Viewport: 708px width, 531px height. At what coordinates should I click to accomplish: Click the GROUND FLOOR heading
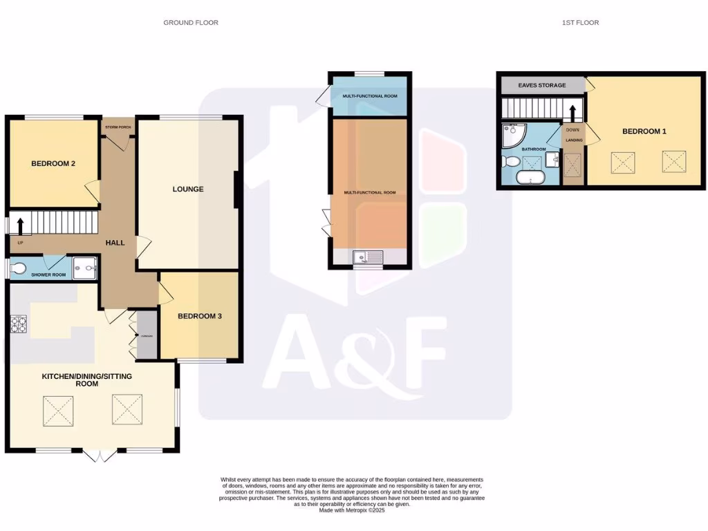(x=191, y=23)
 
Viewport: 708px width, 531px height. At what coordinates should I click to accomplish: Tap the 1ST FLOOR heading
(x=580, y=23)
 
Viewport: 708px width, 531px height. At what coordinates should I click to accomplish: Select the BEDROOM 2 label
(x=53, y=164)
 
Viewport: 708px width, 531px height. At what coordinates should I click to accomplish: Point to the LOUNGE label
(x=188, y=189)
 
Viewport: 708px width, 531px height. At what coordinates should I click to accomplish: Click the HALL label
(x=115, y=243)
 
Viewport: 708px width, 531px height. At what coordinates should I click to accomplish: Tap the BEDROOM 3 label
(x=200, y=317)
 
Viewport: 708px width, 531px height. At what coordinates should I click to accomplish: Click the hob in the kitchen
(x=17, y=323)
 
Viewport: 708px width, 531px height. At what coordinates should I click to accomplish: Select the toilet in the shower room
(x=18, y=268)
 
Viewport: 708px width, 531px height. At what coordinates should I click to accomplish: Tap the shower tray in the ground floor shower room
(x=86, y=266)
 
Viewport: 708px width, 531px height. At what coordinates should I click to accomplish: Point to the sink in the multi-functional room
(x=368, y=258)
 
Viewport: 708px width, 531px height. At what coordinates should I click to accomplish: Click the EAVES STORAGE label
(x=543, y=85)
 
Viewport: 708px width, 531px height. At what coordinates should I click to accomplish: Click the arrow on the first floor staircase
(x=572, y=112)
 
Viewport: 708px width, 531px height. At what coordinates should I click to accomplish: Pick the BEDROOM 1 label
(x=644, y=131)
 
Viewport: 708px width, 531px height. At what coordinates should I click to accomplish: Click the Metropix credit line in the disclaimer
(x=352, y=510)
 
